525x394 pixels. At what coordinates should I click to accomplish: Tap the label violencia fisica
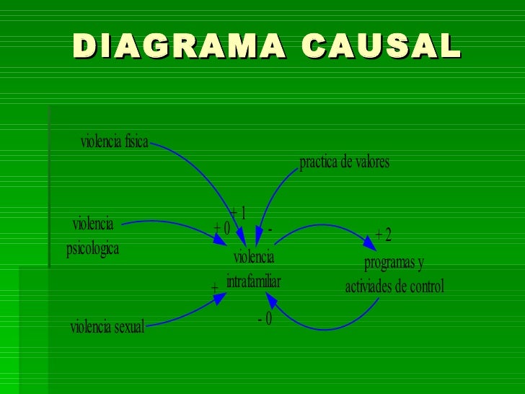point(114,141)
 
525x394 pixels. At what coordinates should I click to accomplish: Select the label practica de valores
point(344,162)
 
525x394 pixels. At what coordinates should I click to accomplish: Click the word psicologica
point(92,250)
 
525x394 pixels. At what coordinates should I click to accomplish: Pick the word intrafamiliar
point(253,281)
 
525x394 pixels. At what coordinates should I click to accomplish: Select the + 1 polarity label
point(238,212)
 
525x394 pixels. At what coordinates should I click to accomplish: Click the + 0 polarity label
point(221,229)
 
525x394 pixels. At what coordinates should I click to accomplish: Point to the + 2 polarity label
point(383,235)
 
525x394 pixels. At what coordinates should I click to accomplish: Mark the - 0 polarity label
point(265,318)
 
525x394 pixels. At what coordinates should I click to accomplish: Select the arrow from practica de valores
point(273,195)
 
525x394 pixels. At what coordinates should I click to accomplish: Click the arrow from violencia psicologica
point(180,224)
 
